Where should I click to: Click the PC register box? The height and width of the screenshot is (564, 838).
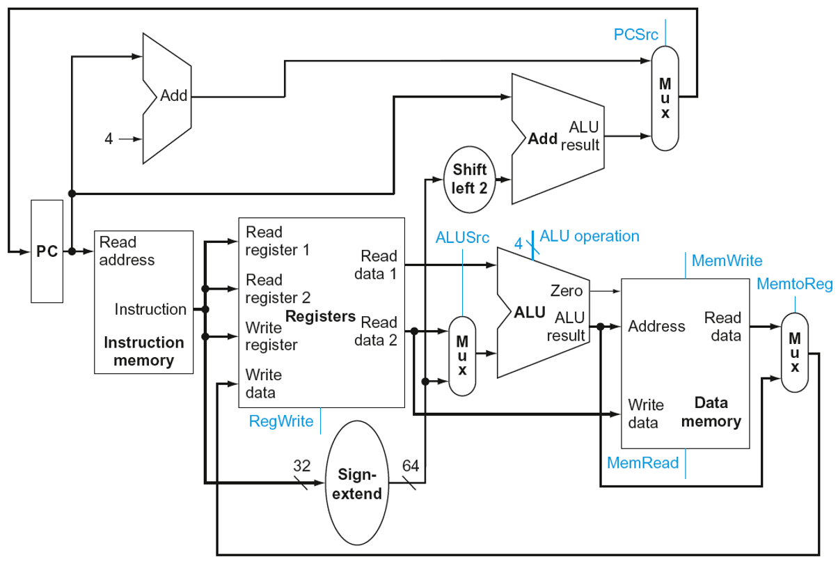47,251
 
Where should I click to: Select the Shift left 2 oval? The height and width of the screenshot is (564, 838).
470,179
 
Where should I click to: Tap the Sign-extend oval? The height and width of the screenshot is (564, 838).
359,485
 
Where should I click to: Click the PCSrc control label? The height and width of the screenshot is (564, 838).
636,34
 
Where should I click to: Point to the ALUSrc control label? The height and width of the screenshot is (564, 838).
462,237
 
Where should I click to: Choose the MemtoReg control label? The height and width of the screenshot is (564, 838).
793,284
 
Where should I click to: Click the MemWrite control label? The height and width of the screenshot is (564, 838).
727,261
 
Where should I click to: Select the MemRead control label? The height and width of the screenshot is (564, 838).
642,463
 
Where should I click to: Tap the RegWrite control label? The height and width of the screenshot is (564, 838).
281,421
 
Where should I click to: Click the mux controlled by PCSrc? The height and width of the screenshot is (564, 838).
665,98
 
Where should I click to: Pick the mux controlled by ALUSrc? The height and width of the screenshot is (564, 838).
461,356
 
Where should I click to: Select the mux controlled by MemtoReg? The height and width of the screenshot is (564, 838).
794,352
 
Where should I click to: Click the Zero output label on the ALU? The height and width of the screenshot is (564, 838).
566,291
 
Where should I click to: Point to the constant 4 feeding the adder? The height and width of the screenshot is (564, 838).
108,139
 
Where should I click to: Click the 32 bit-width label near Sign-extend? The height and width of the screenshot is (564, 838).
301,466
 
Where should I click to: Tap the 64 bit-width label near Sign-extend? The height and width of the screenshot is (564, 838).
410,466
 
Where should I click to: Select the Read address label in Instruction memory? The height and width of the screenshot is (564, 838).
127,251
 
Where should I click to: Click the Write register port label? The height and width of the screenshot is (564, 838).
271,336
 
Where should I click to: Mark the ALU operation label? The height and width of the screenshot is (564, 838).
589,236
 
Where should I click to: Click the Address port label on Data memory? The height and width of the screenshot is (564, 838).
656,326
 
